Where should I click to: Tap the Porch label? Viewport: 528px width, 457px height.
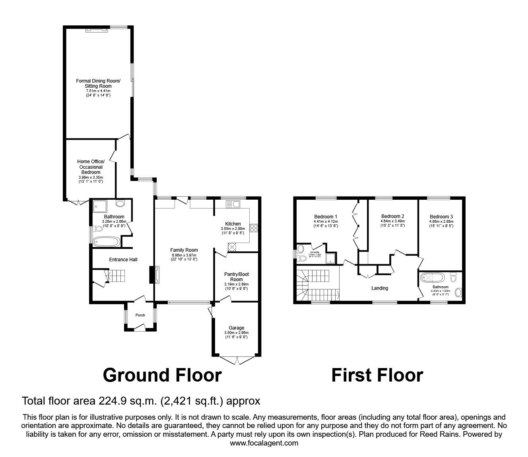[140, 315]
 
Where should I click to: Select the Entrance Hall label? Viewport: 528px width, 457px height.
[123, 260]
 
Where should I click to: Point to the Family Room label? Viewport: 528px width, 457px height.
[184, 250]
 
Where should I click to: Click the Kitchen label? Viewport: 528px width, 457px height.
[233, 224]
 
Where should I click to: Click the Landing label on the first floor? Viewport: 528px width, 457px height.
[379, 288]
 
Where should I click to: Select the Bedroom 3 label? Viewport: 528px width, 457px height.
[441, 217]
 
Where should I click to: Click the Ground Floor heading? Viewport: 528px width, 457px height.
[162, 375]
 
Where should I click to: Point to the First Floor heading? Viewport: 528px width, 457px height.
[377, 375]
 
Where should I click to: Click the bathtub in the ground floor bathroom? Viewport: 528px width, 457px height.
[105, 241]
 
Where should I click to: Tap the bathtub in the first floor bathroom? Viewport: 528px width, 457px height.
[433, 277]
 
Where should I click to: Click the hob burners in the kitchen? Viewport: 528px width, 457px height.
[253, 228]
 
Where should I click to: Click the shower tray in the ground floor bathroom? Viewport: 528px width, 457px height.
[98, 206]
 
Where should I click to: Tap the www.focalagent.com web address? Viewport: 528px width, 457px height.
[264, 443]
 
